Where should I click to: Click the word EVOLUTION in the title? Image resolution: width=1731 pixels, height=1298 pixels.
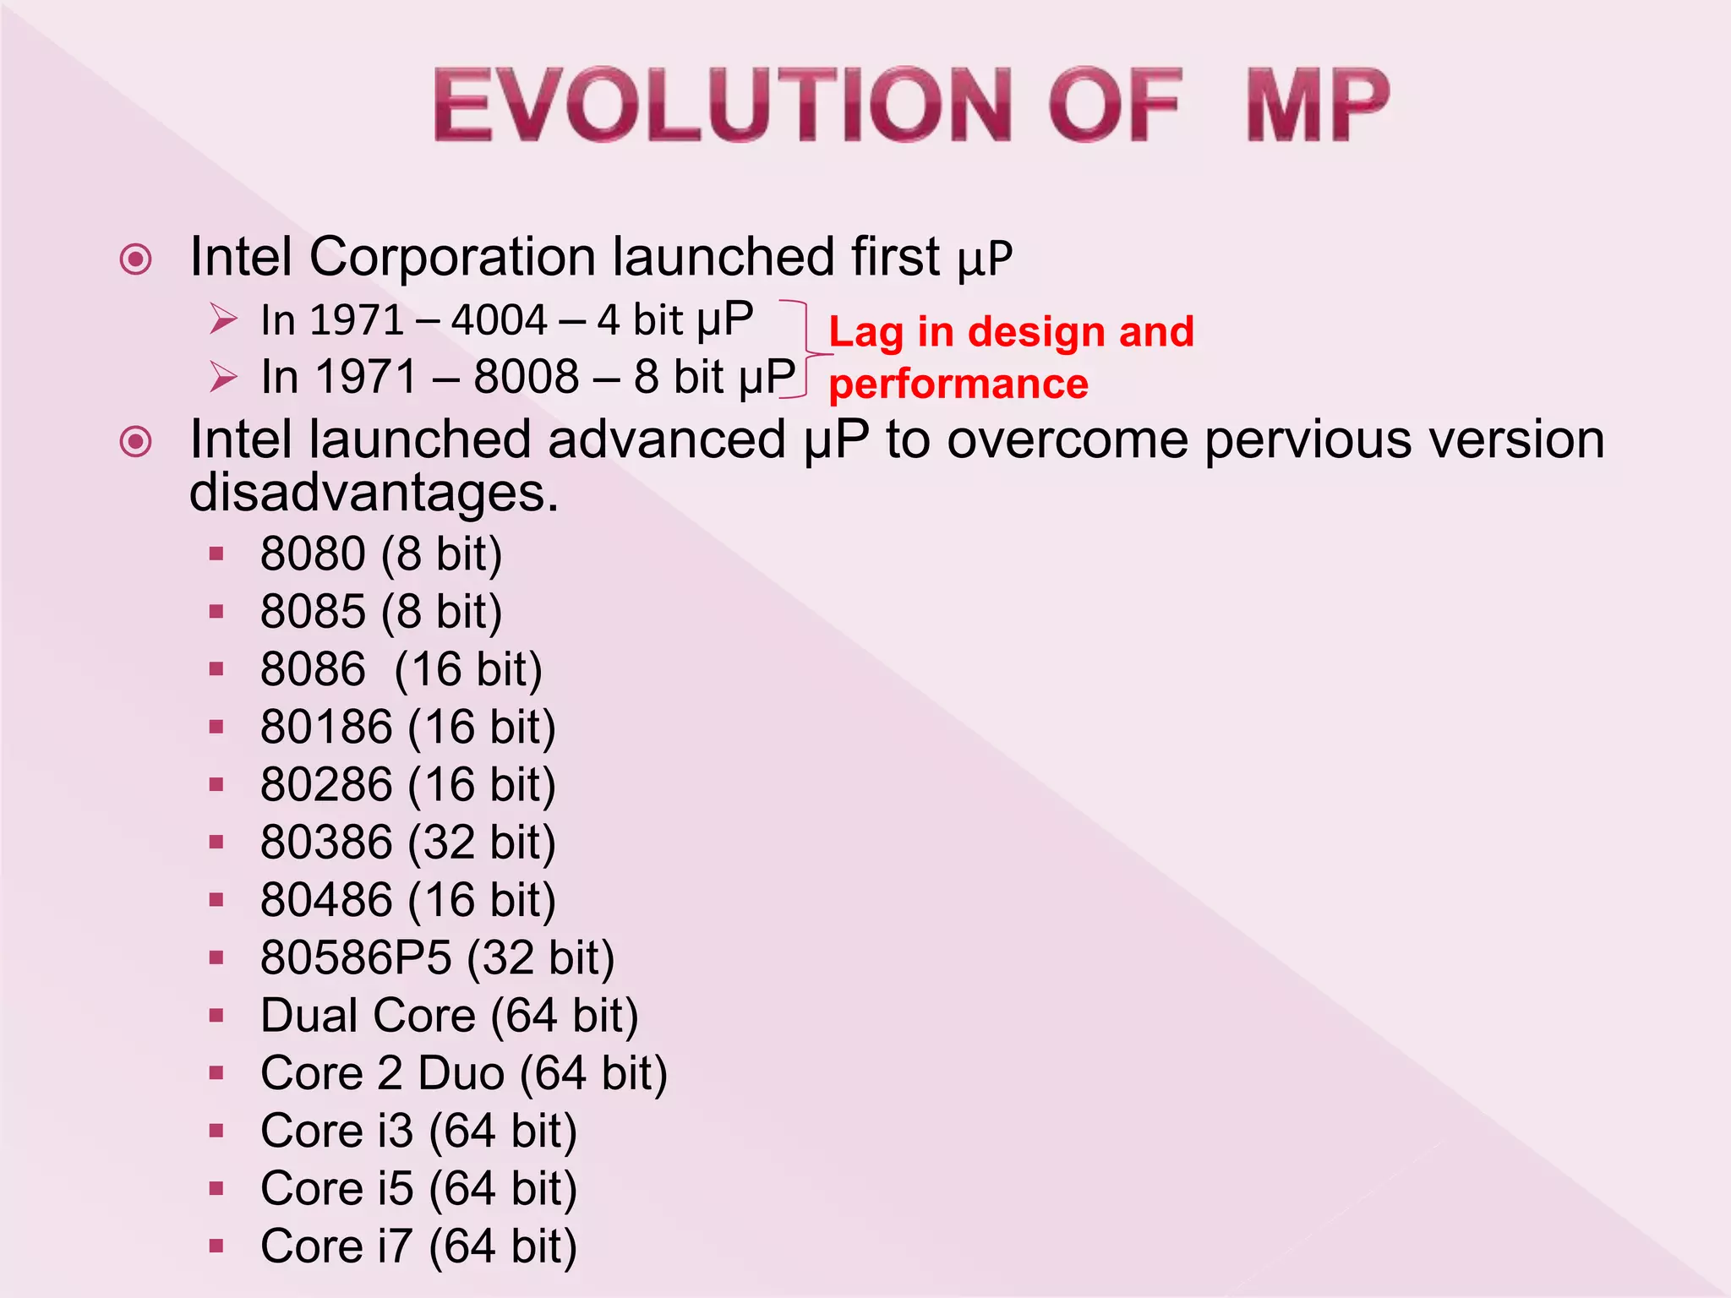point(723,105)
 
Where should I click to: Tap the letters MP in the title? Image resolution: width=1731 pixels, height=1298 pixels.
point(1317,105)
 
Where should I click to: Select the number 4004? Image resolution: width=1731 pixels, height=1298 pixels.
point(500,320)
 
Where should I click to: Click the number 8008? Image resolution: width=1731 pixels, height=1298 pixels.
point(526,376)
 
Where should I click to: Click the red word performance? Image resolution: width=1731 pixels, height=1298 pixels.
point(958,384)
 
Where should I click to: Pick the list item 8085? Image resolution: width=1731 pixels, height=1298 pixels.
point(313,612)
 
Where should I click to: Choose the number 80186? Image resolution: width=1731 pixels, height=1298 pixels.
point(326,728)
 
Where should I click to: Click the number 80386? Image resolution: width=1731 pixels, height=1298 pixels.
point(326,843)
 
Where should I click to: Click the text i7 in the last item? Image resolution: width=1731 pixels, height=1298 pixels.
point(395,1246)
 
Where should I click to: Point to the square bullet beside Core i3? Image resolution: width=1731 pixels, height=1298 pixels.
point(216,1131)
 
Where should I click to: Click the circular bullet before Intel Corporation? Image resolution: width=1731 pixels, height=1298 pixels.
point(136,259)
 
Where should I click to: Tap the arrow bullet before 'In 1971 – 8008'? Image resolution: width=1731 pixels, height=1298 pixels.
point(223,377)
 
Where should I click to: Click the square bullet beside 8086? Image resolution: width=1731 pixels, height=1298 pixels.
point(216,669)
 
